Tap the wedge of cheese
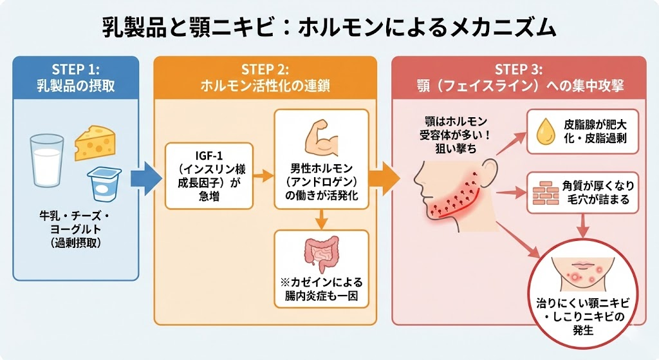pos(95,144)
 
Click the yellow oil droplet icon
pos(544,131)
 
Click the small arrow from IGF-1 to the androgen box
pos(263,175)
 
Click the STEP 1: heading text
pos(76,70)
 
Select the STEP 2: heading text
pos(265,70)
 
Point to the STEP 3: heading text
pos(519,70)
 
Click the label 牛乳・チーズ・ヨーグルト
pos(76,222)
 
